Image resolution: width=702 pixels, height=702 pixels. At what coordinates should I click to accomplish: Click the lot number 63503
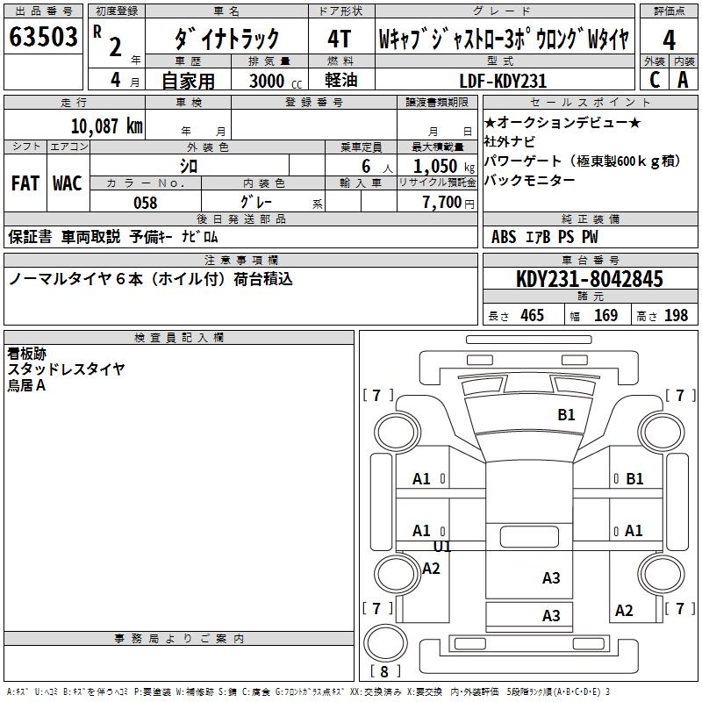click(x=42, y=39)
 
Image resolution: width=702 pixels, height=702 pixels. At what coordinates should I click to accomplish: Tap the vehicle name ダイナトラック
click(x=226, y=39)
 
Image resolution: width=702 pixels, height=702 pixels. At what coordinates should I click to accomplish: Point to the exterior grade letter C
click(x=655, y=80)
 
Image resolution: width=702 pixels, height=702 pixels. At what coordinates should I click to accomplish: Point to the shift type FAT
click(x=25, y=183)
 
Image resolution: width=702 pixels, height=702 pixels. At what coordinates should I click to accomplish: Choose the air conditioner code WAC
click(x=67, y=183)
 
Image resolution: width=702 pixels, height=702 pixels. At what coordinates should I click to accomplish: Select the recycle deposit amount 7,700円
click(x=442, y=203)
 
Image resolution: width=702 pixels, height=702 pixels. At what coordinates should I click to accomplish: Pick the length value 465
click(x=532, y=315)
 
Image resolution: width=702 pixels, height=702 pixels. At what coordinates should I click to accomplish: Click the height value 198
click(x=676, y=315)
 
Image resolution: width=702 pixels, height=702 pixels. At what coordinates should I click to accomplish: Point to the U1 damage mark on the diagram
click(x=442, y=547)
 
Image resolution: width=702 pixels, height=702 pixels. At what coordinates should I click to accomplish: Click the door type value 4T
click(x=339, y=39)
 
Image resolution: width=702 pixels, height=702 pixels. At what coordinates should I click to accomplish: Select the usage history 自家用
click(x=188, y=81)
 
